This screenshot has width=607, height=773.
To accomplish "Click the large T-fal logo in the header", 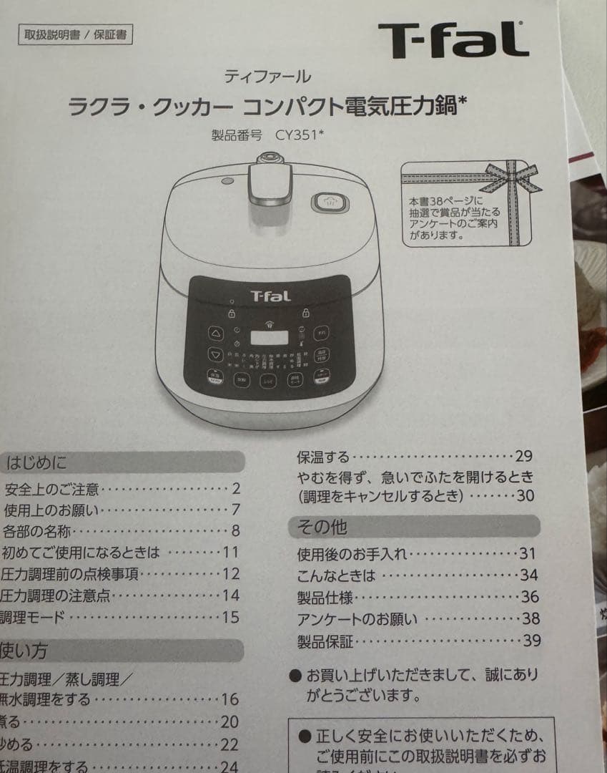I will tap(453, 40).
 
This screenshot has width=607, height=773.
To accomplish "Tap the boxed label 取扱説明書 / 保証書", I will tap(75, 34).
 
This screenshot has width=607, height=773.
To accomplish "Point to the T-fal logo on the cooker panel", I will tap(270, 296).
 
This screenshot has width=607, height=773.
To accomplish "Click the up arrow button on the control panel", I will tap(215, 333).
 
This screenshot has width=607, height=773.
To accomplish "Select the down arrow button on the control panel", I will tap(215, 354).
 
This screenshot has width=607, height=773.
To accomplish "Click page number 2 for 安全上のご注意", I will tap(236, 490).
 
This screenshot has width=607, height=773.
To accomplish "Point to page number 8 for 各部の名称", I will tap(235, 531).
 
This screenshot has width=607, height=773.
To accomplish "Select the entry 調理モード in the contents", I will tap(33, 617).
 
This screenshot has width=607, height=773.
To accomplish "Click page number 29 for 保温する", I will tap(524, 457).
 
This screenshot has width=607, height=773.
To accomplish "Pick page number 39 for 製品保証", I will tap(531, 641).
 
